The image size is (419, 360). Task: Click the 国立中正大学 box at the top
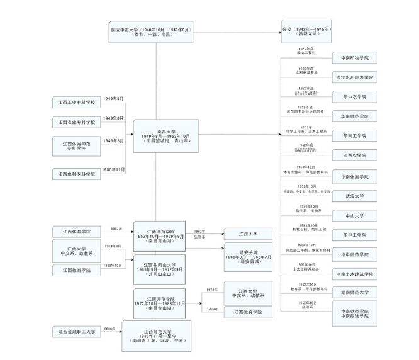(150, 32)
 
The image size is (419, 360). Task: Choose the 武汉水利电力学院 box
(355, 78)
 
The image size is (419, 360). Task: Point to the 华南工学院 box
(355, 136)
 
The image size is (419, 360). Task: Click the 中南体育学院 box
(355, 176)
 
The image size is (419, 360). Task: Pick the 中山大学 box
(355, 215)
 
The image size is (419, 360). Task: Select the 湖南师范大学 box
(355, 292)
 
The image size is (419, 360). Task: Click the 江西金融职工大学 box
(78, 331)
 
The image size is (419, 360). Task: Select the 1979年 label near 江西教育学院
(212, 308)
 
